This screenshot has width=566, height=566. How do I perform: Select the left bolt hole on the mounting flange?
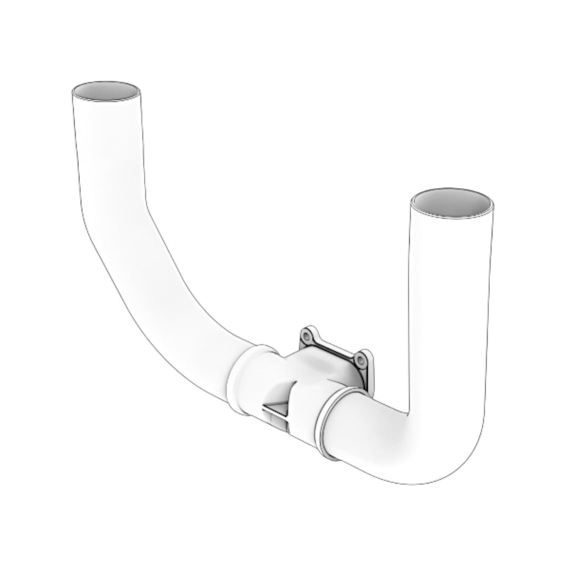click(306, 335)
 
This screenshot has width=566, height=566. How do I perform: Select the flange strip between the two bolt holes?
click(333, 347)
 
